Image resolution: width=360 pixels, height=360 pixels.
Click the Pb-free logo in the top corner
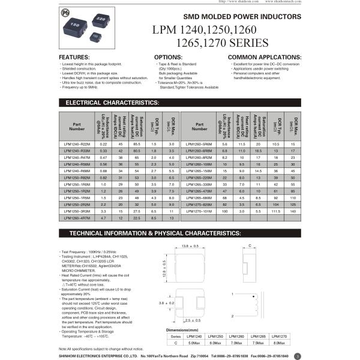[65, 12]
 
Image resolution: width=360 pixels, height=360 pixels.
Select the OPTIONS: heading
[168, 56]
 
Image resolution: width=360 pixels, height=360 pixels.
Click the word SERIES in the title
[247, 43]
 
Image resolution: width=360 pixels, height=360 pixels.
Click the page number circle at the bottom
[298, 355]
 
